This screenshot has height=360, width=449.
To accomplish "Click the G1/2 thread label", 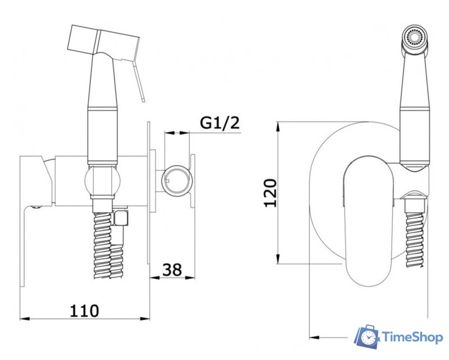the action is pos(220,123).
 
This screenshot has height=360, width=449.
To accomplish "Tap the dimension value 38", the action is pos(172,269).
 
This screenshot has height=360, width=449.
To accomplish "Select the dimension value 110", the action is pos(84,310).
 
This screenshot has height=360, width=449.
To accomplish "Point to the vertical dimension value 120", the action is pos(271,192).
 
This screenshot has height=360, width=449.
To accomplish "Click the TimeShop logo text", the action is pos(412,337).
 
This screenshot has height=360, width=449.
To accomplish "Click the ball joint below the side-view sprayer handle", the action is pos(103,182).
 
